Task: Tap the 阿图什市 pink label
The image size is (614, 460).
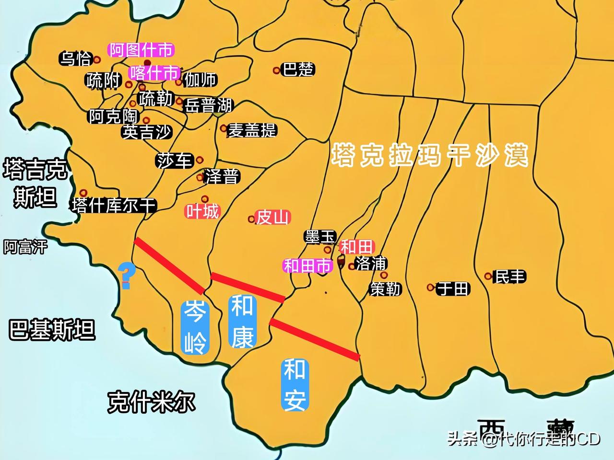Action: click(141, 49)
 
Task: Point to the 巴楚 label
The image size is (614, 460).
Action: click(298, 69)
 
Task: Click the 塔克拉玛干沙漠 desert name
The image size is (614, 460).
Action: click(430, 155)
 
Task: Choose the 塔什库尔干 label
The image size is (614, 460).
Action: click(114, 206)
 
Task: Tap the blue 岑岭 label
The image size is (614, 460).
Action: click(195, 327)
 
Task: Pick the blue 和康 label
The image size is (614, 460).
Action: click(243, 321)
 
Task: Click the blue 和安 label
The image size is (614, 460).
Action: click(295, 385)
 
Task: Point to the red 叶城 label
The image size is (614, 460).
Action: click(202, 211)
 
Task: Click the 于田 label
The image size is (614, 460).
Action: click(453, 288)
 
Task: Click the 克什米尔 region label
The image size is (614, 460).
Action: click(151, 402)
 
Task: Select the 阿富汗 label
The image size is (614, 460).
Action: click(26, 247)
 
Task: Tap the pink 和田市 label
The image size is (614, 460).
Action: click(307, 265)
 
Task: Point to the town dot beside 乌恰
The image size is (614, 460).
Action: click(97, 60)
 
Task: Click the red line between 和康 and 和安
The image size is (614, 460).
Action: click(315, 339)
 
